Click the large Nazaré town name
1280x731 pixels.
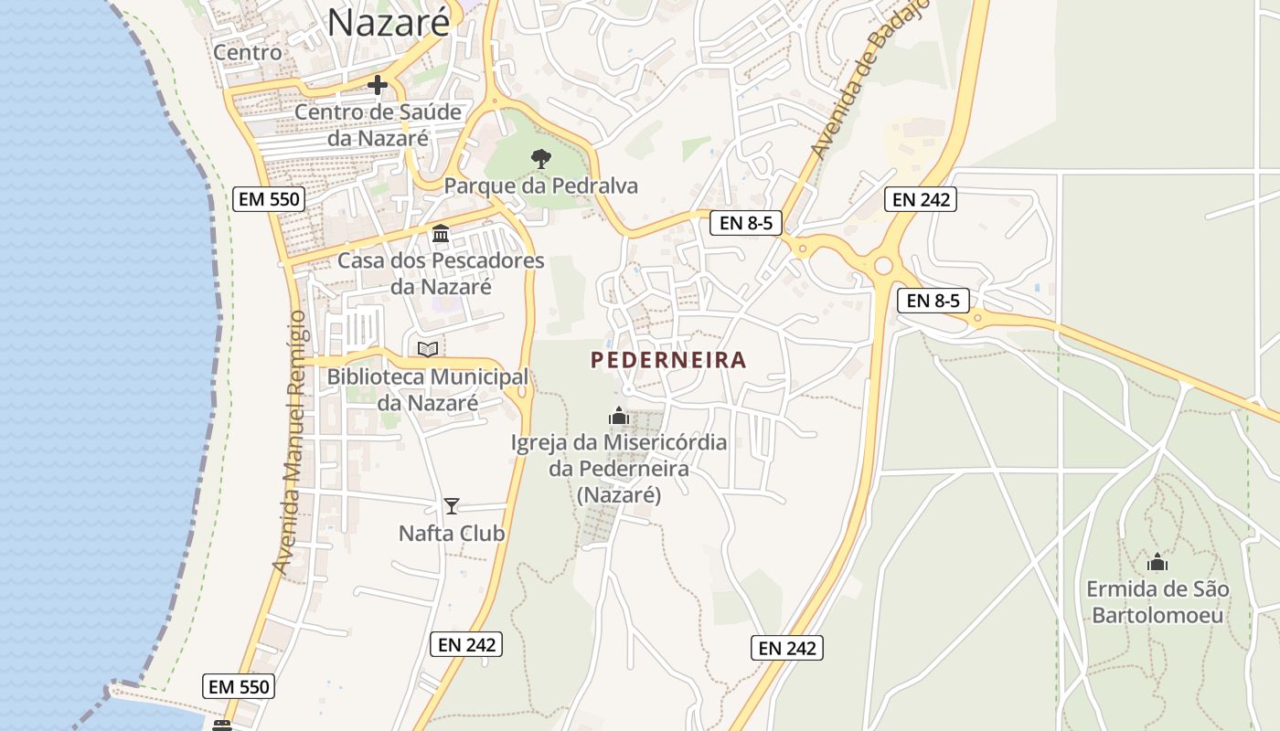[x=389, y=23]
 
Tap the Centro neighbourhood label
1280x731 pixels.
[x=247, y=53]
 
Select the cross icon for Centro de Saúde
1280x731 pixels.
[x=377, y=86]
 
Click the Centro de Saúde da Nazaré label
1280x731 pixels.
[x=379, y=125]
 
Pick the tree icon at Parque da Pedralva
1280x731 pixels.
[x=541, y=159]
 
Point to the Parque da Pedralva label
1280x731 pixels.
[x=541, y=186]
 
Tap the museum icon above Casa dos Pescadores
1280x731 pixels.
[x=441, y=234]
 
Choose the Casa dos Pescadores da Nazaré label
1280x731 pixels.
[x=441, y=273]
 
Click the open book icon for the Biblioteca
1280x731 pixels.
[x=427, y=349]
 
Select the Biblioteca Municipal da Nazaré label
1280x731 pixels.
[x=428, y=389]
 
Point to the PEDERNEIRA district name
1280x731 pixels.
[x=668, y=360]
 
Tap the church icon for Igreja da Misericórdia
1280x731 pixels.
[x=619, y=417]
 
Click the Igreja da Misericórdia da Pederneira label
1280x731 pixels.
[x=619, y=469]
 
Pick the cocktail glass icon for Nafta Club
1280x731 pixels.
[x=451, y=506]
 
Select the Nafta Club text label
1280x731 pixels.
[x=452, y=534]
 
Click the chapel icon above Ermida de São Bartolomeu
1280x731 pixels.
[x=1157, y=562]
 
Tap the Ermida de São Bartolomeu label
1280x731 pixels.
[x=1157, y=601]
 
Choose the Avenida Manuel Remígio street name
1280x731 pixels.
[x=293, y=442]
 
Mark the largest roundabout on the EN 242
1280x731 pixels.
[x=882, y=266]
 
